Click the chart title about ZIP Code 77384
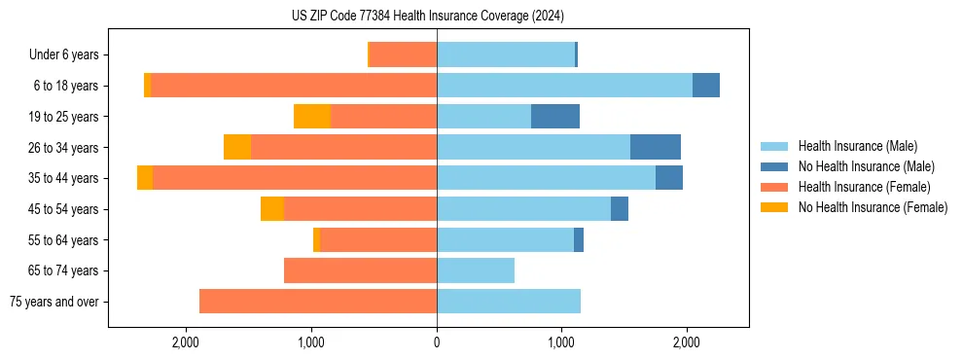[x=427, y=17]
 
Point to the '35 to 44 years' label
[x=63, y=178]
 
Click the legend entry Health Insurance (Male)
[x=856, y=146]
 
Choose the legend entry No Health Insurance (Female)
[x=872, y=207]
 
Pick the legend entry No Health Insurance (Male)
[x=865, y=166]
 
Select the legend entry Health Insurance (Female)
[x=863, y=187]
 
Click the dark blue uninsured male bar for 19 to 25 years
[x=555, y=117]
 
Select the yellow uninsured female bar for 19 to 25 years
[x=312, y=117]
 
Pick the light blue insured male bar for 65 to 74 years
[x=476, y=270]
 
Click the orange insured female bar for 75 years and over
[x=318, y=302]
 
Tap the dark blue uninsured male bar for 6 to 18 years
[x=706, y=86]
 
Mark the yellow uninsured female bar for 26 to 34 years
[x=237, y=147]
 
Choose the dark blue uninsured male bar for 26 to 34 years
[x=656, y=147]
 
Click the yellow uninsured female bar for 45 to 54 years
[x=272, y=209]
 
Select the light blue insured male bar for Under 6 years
[x=506, y=54]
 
